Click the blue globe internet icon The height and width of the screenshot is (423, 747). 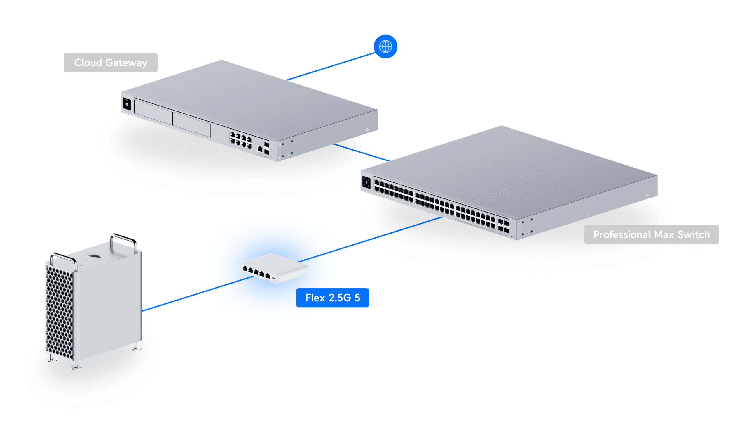(385, 46)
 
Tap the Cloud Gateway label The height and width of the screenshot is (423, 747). (111, 63)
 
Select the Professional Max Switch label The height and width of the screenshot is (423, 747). (651, 234)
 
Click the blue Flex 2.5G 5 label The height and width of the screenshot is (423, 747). (332, 298)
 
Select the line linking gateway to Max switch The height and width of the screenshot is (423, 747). (362, 152)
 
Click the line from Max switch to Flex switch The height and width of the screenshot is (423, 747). (371, 239)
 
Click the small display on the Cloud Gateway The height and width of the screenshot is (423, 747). (127, 104)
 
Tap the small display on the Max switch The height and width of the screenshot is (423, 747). (366, 182)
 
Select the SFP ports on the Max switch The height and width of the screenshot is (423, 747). (503, 226)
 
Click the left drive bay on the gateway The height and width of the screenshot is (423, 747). (153, 112)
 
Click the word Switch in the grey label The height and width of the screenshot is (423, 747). (694, 234)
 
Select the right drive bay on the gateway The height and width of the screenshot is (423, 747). (191, 125)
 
